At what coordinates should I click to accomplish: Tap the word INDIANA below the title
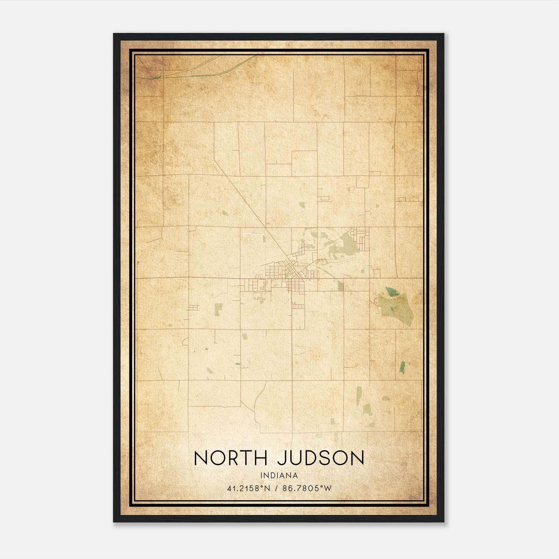(279, 475)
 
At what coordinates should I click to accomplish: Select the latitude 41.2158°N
(249, 488)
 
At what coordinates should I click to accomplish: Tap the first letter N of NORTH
(201, 458)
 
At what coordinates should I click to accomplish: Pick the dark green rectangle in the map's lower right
(402, 367)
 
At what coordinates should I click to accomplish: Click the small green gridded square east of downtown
(341, 287)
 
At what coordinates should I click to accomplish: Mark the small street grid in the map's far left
(193, 307)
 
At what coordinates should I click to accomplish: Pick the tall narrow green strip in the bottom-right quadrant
(359, 395)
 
